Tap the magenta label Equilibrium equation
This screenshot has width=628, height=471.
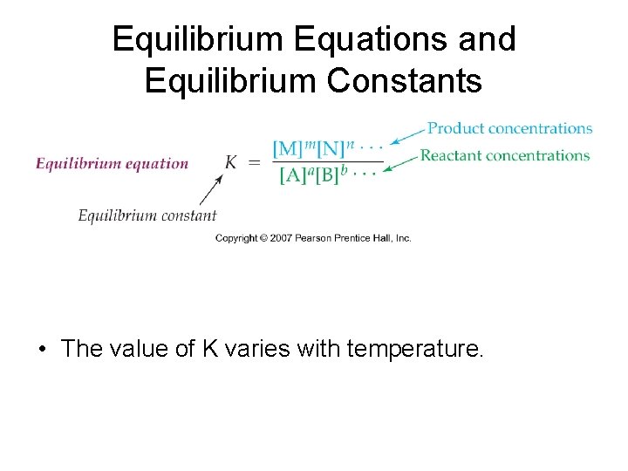pyautogui.click(x=112, y=163)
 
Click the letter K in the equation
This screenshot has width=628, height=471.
pyautogui.click(x=231, y=162)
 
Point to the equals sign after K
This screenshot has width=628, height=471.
pyautogui.click(x=254, y=162)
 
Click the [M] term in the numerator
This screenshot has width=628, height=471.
pyautogui.click(x=288, y=147)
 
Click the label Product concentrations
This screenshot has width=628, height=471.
pyautogui.click(x=510, y=128)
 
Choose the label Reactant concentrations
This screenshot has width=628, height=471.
pyautogui.click(x=505, y=156)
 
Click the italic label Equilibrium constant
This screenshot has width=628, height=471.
pyautogui.click(x=147, y=215)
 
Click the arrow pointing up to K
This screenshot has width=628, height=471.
pyautogui.click(x=211, y=189)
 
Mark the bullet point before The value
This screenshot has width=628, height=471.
pyautogui.click(x=42, y=350)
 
